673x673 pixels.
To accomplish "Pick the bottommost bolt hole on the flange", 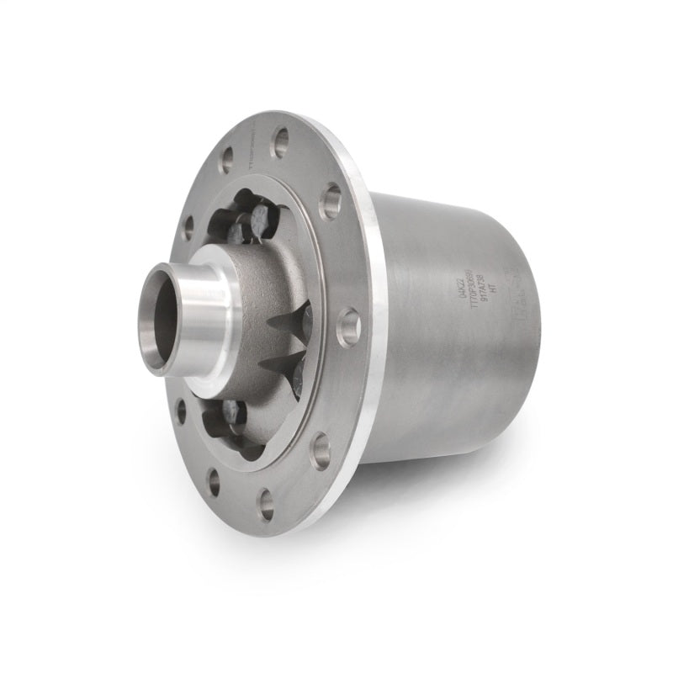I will pos(267,504).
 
